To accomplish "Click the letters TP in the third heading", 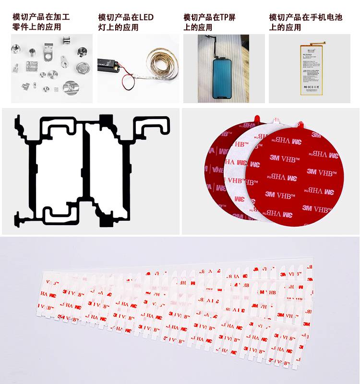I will coord(226,17).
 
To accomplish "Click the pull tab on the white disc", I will coord(276,119).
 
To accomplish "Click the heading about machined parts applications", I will coord(41,22).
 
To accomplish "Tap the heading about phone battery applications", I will coord(306,22).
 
